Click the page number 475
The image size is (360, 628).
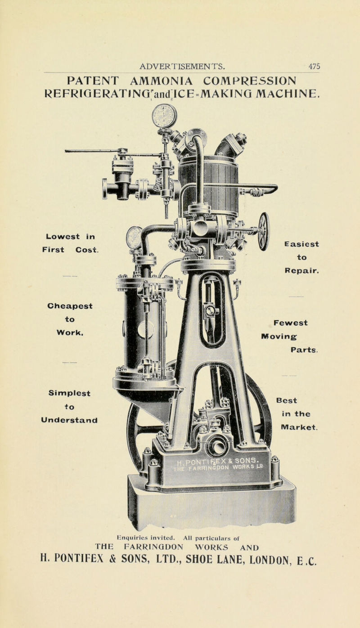pyautogui.click(x=315, y=66)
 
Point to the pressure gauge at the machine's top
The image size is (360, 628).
pyautogui.click(x=164, y=116)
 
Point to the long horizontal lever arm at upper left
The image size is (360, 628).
pyautogui.click(x=92, y=152)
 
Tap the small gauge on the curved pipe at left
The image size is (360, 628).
pyautogui.click(x=134, y=237)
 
